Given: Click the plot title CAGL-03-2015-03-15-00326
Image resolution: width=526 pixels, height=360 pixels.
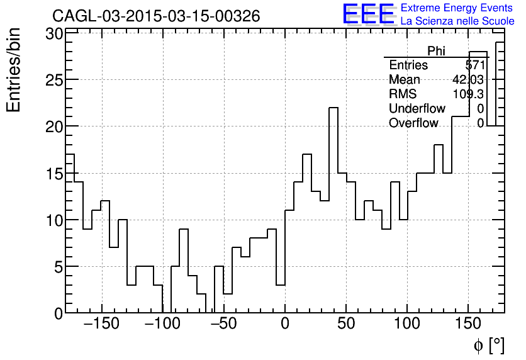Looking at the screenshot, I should point(156,16).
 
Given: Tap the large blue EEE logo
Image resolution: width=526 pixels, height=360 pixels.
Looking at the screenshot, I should point(368,14).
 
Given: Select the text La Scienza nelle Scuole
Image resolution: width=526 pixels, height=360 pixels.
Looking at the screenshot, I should point(457,21).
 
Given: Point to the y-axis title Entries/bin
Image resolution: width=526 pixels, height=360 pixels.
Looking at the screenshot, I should point(13,70).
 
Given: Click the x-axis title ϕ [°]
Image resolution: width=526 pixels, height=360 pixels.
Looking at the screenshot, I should point(488,345).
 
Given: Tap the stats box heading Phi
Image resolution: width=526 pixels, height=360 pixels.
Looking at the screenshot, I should point(436,51).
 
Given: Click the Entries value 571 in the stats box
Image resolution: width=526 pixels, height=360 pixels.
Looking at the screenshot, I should point(475,65).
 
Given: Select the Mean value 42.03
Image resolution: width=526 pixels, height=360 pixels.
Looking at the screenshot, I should point(468,80).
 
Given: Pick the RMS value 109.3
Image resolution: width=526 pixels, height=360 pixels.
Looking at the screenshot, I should point(468,94).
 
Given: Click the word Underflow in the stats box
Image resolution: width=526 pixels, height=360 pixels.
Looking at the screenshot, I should point(417,109).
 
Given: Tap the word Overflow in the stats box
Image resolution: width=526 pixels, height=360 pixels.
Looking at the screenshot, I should point(413,123).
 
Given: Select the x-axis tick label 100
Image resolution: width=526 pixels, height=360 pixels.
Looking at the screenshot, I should point(407,325).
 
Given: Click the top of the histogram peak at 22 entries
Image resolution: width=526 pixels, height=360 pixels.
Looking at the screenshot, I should point(333,108).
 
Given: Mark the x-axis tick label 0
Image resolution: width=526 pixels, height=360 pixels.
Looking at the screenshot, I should point(285,325).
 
